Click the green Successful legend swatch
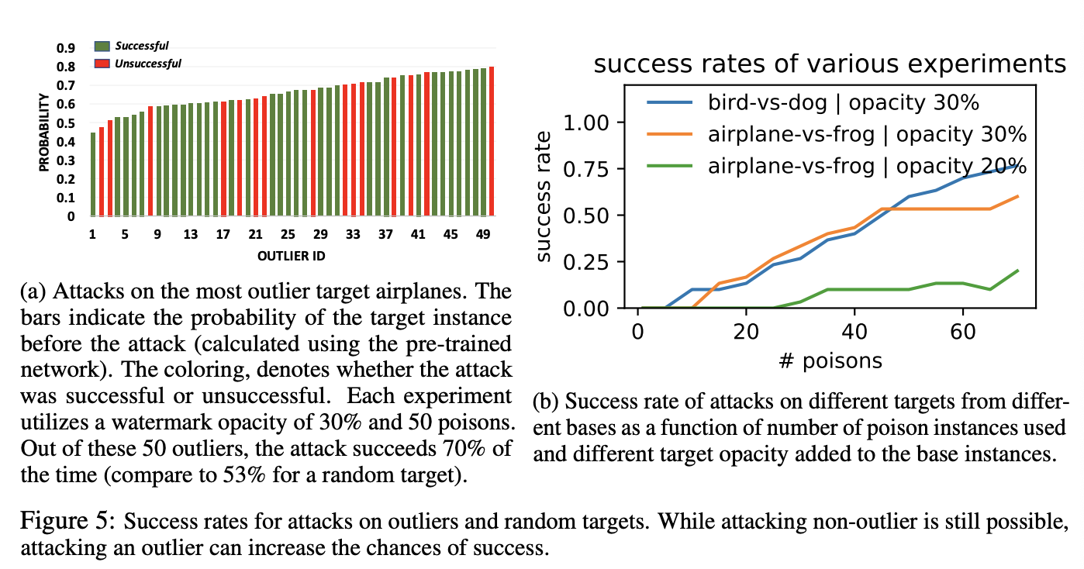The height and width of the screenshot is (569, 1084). point(103,47)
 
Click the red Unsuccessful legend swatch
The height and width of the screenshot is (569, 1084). point(103,63)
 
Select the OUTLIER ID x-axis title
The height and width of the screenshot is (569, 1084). point(291,253)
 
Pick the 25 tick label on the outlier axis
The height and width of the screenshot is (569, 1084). point(288,234)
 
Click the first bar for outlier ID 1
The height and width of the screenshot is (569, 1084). point(93,174)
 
